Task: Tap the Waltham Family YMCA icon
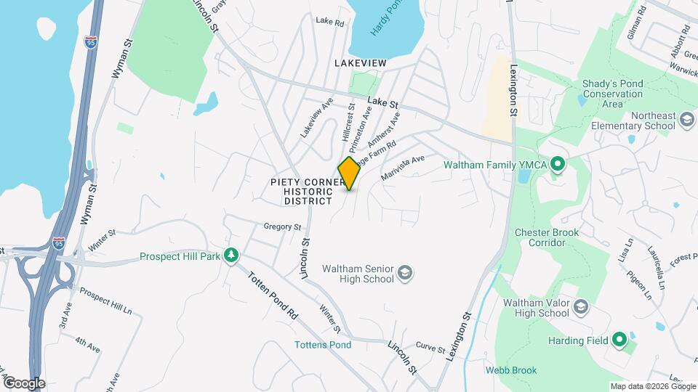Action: tap(558, 165)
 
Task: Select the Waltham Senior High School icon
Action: tap(406, 274)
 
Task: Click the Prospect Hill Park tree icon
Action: tap(231, 255)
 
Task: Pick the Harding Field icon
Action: tap(619, 339)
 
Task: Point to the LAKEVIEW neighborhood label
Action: tap(360, 64)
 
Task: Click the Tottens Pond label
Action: tap(324, 345)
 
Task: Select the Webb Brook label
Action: tap(511, 370)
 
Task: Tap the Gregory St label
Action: tap(282, 227)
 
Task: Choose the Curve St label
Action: tap(430, 349)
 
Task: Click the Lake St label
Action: tap(384, 104)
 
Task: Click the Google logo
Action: tap(23, 383)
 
